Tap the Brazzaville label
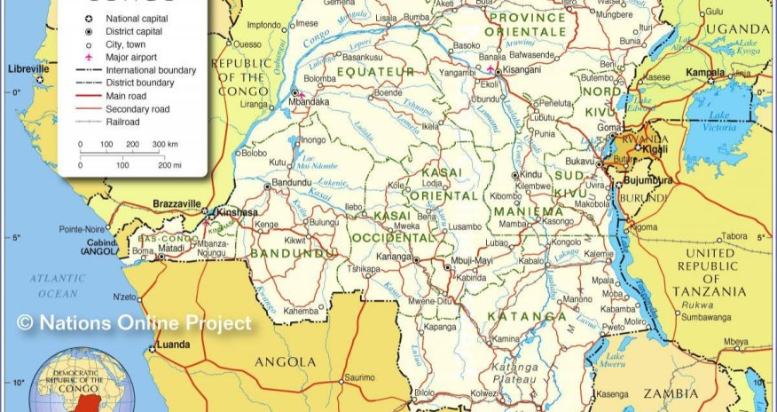click(x=177, y=203)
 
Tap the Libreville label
click(x=27, y=67)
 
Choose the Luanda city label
click(x=172, y=345)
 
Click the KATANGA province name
click(x=531, y=315)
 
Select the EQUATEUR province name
click(x=376, y=71)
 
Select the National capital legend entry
click(x=135, y=18)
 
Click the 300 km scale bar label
click(x=165, y=144)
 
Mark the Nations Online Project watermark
click(x=134, y=323)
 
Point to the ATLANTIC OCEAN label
click(x=58, y=285)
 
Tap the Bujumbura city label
click(x=649, y=179)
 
